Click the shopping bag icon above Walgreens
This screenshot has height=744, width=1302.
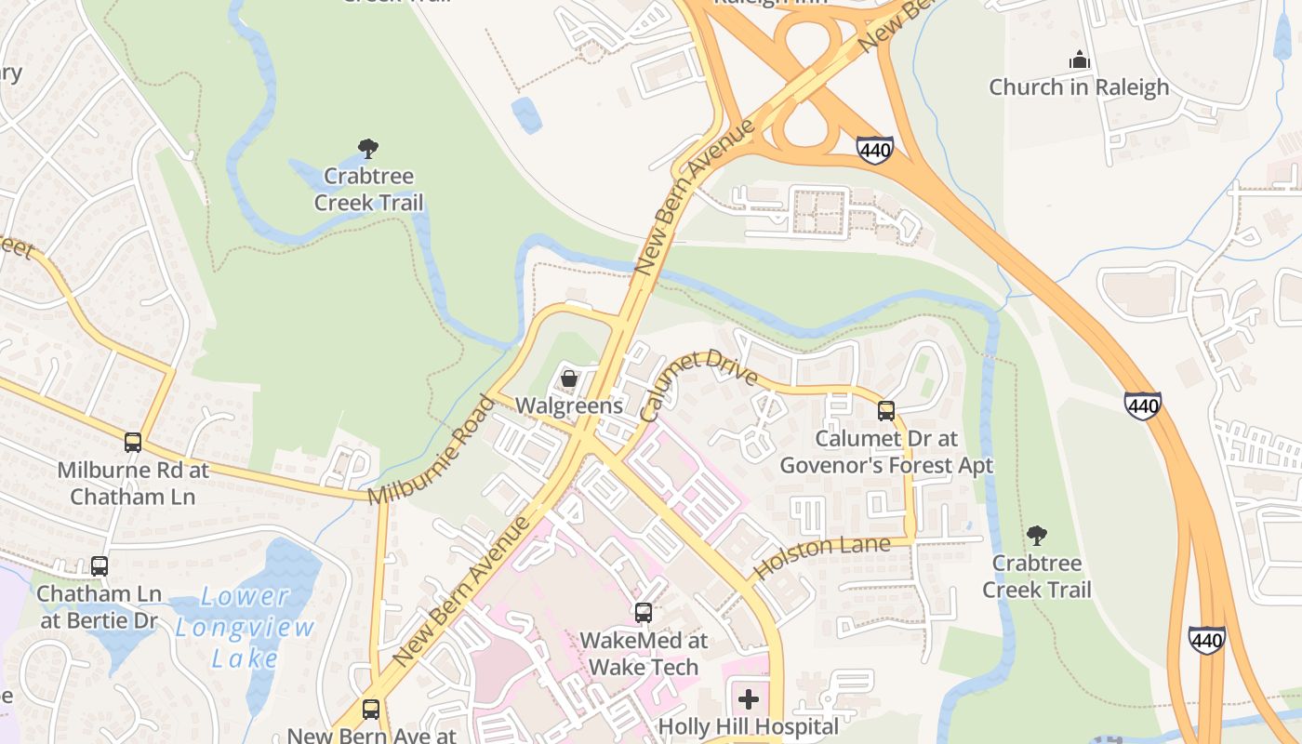(x=569, y=379)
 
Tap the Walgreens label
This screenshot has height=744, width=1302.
(x=569, y=405)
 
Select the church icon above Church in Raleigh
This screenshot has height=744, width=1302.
(x=1079, y=60)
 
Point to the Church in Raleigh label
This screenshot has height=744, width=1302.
(x=1079, y=87)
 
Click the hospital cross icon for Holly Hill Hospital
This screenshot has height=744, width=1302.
(x=749, y=699)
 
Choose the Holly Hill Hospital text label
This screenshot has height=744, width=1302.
(x=749, y=726)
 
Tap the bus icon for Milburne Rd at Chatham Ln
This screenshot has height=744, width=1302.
(x=133, y=443)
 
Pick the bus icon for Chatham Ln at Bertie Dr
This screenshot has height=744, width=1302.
(x=100, y=565)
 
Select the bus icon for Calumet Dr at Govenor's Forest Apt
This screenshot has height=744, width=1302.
(x=886, y=410)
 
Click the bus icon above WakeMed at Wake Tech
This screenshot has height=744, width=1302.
(x=644, y=613)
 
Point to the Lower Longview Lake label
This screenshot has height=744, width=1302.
(x=246, y=628)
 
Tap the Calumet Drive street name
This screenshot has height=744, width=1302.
(x=699, y=384)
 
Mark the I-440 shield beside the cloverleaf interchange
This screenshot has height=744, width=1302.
(x=875, y=149)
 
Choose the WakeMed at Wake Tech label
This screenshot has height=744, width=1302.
(x=644, y=654)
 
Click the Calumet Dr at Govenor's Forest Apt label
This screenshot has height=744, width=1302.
(x=886, y=451)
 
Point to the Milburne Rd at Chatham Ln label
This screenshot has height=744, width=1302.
(x=133, y=483)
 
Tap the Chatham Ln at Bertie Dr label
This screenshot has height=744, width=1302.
(x=100, y=606)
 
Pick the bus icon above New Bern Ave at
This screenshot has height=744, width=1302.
(x=371, y=710)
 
